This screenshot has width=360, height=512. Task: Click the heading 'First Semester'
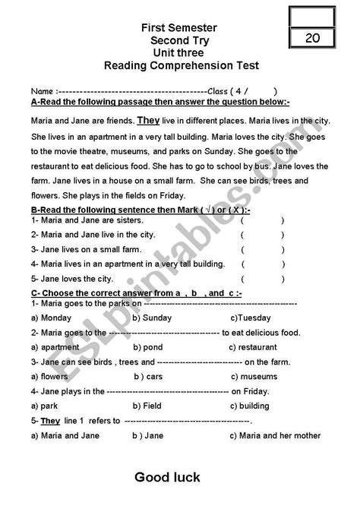[180, 28]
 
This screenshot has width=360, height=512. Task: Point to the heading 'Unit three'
[180, 53]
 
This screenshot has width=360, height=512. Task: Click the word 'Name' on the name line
[43, 89]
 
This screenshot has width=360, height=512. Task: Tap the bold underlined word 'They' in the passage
[148, 120]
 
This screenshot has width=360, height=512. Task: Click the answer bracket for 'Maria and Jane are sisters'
[262, 220]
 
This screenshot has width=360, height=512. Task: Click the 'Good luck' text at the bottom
[168, 477]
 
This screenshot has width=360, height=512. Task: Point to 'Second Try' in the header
[180, 41]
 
